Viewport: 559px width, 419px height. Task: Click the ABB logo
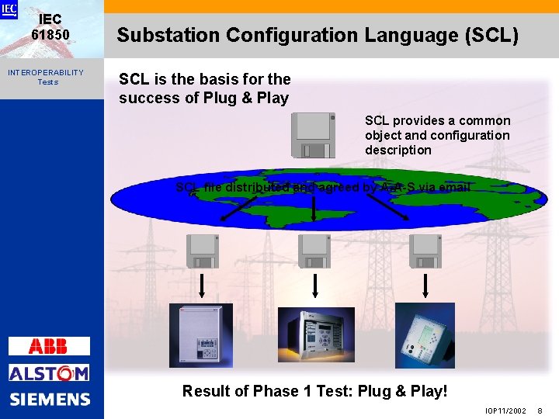point(49,346)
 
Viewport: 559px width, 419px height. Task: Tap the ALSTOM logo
point(49,373)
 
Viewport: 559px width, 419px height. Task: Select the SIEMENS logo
point(50,400)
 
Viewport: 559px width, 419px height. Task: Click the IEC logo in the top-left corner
point(9,9)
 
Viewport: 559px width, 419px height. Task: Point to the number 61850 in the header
point(50,35)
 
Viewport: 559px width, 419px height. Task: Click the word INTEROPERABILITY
point(46,72)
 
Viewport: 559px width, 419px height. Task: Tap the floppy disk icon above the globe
point(314,135)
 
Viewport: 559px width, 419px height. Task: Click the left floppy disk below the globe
point(203,251)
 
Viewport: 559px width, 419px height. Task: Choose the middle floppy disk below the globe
point(314,251)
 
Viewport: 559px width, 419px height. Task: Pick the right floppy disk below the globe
point(425,251)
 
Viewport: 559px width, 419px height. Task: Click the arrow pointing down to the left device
point(203,286)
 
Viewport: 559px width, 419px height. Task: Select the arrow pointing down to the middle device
point(314,286)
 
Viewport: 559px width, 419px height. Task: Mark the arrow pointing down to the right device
point(425,286)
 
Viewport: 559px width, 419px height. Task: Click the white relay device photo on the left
point(201,335)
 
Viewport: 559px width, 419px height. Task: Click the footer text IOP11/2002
point(505,410)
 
